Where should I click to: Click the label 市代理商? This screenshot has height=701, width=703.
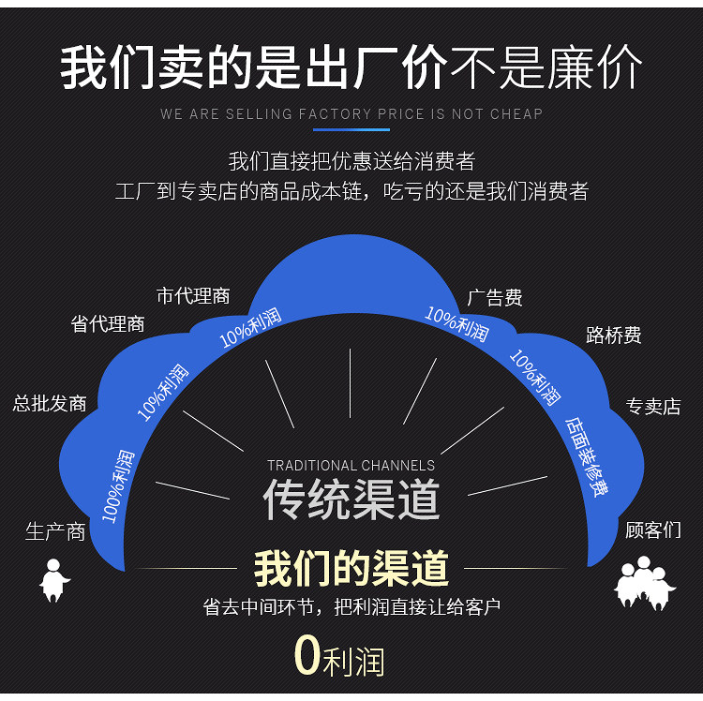(193, 296)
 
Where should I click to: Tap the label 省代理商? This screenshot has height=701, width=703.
(108, 324)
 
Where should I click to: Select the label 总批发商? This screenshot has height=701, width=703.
(50, 404)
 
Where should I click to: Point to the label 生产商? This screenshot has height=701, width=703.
(55, 532)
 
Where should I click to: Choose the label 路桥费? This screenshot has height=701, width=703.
(613, 336)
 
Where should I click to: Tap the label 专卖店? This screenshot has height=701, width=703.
(652, 407)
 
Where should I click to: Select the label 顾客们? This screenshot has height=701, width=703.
(652, 530)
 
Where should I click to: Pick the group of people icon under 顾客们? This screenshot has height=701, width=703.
(645, 581)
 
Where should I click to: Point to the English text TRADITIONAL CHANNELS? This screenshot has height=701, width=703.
(351, 466)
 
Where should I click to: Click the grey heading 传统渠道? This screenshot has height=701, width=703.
(351, 500)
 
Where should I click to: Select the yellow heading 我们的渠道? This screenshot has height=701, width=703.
(351, 568)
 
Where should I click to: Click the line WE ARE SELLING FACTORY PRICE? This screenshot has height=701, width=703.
(351, 114)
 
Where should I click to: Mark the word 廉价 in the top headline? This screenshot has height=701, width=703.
(595, 68)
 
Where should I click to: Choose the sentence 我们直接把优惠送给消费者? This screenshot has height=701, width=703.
(351, 161)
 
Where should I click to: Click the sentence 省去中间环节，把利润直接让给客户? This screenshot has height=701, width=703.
(351, 607)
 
